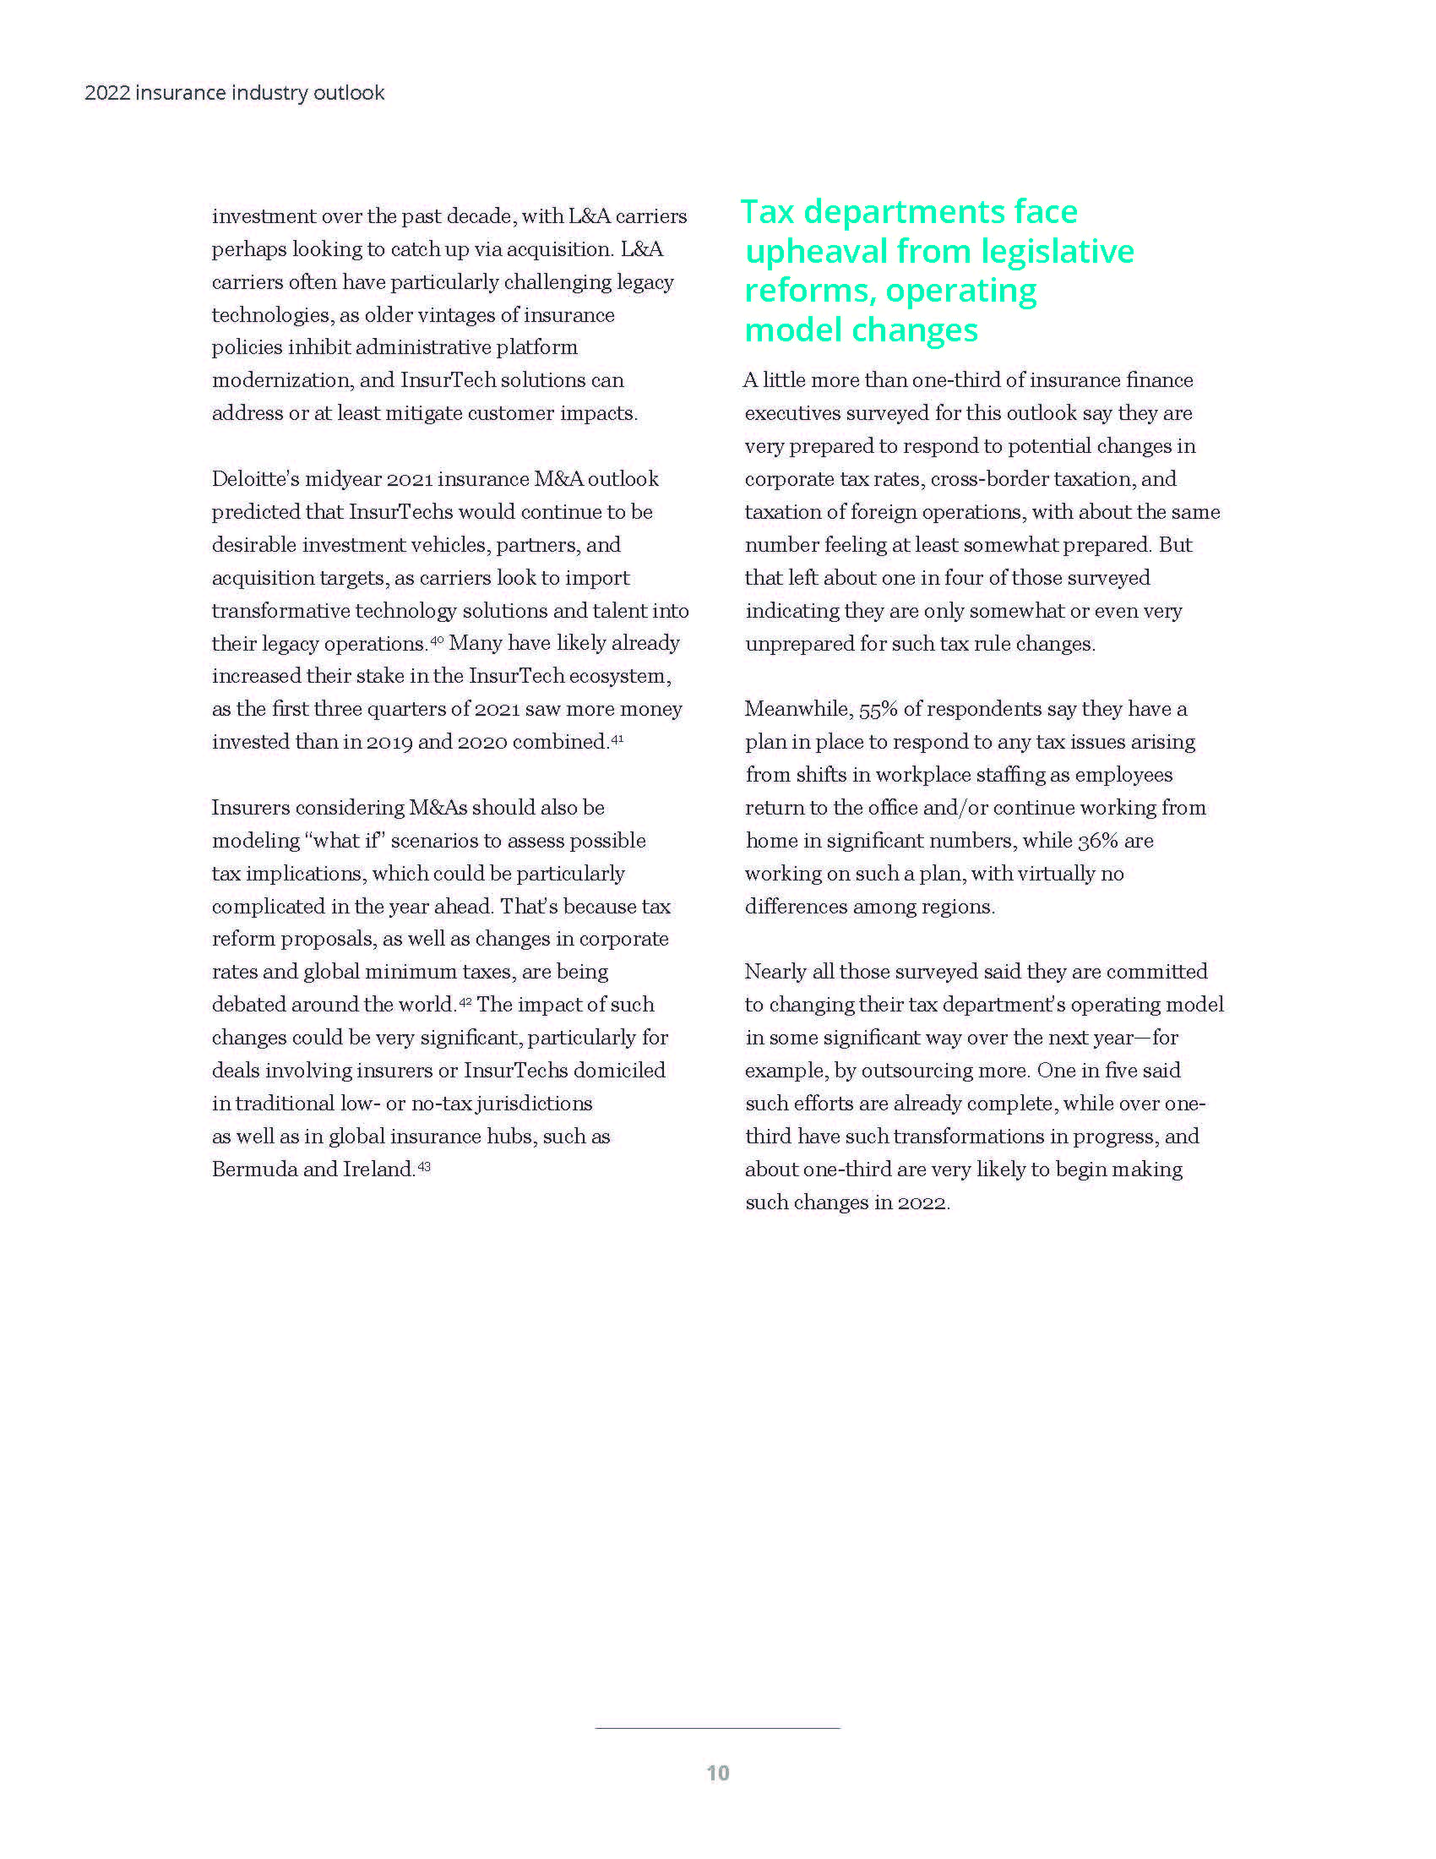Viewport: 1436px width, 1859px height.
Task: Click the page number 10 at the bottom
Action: (x=718, y=1772)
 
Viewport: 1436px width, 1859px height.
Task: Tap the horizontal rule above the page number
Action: (x=718, y=1727)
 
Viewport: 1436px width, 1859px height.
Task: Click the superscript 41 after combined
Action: (x=617, y=739)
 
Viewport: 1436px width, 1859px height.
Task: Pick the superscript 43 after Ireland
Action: (x=424, y=1166)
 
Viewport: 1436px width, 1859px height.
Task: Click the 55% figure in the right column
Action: (x=878, y=709)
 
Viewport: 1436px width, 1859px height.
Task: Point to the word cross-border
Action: (x=988, y=479)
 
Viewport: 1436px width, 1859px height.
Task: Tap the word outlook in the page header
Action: (x=349, y=93)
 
